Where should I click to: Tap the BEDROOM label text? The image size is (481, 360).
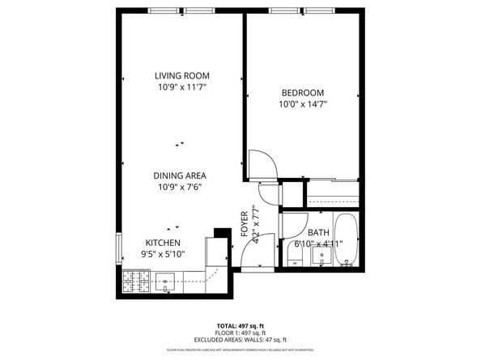(x=303, y=92)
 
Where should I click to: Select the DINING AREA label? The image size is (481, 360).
(x=180, y=176)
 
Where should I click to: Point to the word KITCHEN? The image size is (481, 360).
(x=163, y=243)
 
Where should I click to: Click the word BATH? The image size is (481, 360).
(x=318, y=233)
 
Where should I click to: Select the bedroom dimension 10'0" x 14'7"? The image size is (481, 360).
(x=303, y=104)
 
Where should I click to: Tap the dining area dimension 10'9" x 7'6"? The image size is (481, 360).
(x=180, y=187)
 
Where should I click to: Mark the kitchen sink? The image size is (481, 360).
(x=167, y=282)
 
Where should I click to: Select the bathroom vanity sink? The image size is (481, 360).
(x=321, y=257)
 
